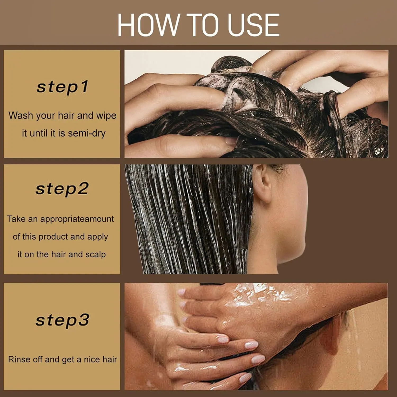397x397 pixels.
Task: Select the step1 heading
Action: [x=62, y=87]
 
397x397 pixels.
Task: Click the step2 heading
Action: [x=62, y=189]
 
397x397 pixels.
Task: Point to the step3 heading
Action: [x=62, y=320]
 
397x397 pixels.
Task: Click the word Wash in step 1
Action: [x=21, y=115]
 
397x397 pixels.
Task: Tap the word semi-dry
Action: [x=87, y=133]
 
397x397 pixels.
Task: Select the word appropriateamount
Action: [x=77, y=219]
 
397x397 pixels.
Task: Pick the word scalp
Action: [x=95, y=254]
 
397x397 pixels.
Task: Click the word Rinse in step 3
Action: [x=20, y=359]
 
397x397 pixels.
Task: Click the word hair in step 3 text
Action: [x=110, y=359]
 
